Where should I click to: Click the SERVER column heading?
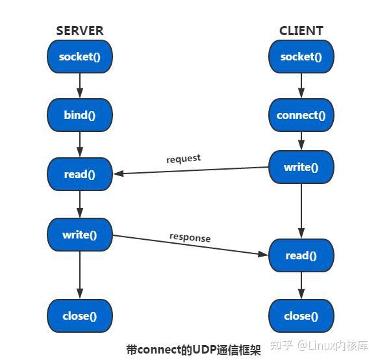(x=79, y=31)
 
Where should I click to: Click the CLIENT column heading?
(x=301, y=31)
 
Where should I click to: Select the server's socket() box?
(x=80, y=57)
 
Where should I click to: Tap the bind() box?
(x=80, y=116)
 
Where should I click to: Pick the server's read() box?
(x=80, y=174)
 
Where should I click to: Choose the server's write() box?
(x=80, y=235)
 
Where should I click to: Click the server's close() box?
(x=80, y=317)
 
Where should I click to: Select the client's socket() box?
(x=301, y=57)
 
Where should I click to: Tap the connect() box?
(x=301, y=116)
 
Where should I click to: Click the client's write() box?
(x=301, y=167)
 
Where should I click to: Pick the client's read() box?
(x=301, y=255)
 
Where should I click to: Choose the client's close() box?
(x=301, y=317)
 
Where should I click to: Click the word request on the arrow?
(x=183, y=159)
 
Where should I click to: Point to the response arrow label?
(x=190, y=237)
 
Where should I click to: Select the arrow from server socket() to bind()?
(x=80, y=86)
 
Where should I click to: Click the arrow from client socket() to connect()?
(x=301, y=86)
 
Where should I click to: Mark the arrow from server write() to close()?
(x=80, y=275)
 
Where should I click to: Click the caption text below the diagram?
(x=193, y=350)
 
